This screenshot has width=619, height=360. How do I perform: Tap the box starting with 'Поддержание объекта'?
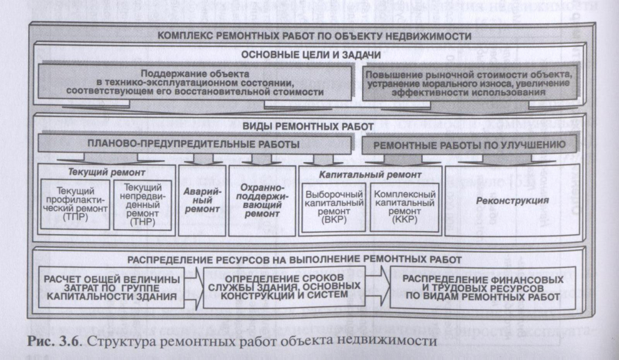201,82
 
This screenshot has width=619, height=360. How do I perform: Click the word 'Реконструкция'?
512,202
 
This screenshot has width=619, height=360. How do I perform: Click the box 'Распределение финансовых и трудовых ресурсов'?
481,286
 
